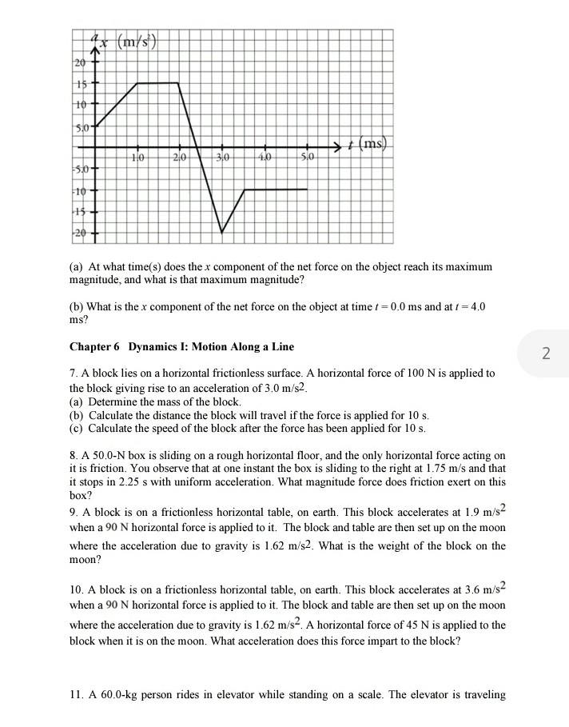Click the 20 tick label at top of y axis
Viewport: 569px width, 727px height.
79,63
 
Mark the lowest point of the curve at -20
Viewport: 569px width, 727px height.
222,232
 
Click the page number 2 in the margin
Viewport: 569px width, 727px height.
546,353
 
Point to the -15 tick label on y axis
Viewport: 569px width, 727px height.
79,211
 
